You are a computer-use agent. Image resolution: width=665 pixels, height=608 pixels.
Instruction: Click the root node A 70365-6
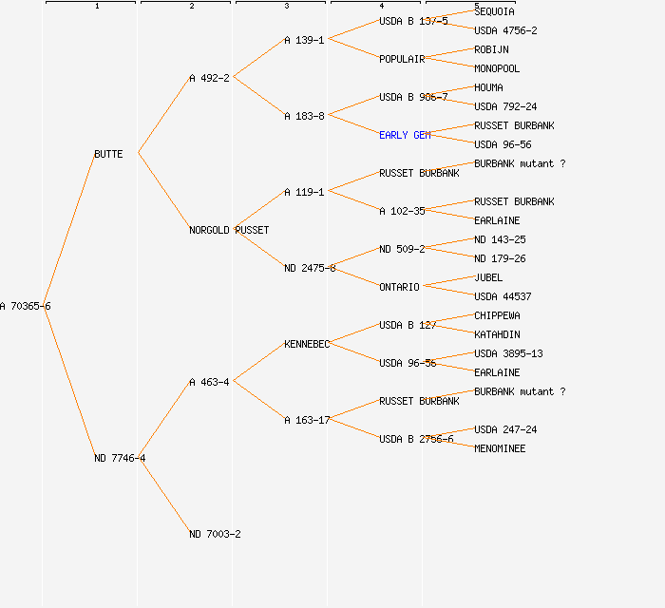coord(26,306)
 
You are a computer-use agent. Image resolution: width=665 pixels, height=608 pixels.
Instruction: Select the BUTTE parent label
coord(108,154)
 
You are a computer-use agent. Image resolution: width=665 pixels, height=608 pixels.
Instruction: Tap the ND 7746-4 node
coord(120,458)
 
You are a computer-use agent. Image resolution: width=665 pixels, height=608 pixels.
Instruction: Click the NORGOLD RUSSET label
coord(229,230)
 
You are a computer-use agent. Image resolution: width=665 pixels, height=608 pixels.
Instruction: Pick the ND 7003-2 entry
coord(215,534)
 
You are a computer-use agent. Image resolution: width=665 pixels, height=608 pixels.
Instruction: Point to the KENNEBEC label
coord(307,344)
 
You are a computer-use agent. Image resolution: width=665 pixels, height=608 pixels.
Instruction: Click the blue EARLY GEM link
coord(405,135)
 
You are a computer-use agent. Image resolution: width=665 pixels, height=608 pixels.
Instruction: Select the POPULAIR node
coord(402,59)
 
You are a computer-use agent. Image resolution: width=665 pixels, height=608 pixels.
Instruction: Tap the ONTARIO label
coord(399,287)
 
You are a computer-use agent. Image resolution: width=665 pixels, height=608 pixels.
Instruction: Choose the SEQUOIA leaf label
coord(494,11)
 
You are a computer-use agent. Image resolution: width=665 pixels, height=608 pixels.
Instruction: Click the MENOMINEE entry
coord(500,448)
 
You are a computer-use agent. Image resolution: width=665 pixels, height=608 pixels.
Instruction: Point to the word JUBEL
coord(488,277)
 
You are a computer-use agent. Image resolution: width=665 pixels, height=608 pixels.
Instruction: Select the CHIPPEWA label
coord(497,315)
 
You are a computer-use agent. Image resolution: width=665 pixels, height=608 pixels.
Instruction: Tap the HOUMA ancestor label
coord(488,87)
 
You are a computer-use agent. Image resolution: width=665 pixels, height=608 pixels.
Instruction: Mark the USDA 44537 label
coord(503,296)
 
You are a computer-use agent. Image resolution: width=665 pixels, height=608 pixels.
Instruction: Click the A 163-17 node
coord(307,420)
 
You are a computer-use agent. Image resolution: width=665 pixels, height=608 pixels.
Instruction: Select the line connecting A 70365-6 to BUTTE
coord(68,230)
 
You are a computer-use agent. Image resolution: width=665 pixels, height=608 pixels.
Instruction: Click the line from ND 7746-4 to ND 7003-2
coord(163,495)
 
